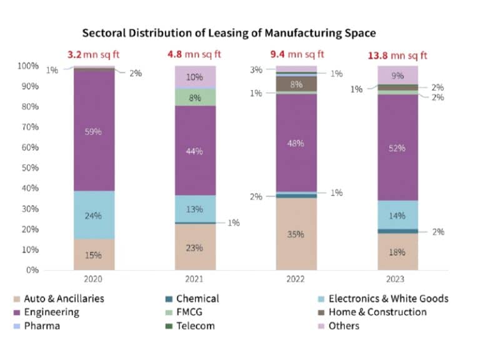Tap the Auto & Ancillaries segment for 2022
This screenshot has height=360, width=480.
point(296,234)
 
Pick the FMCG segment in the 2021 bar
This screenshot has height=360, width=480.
point(195,97)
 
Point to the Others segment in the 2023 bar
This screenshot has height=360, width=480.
point(397,75)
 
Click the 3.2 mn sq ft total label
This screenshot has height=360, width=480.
point(94,55)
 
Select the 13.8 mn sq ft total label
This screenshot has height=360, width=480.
point(397,55)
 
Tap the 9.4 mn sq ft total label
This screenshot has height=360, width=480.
point(297,55)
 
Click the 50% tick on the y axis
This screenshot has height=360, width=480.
point(30,168)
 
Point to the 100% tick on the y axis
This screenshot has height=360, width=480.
point(28,66)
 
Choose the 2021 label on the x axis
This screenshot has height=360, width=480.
point(195,279)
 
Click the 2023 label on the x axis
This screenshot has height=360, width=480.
point(397,279)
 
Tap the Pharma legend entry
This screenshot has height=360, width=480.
point(41,326)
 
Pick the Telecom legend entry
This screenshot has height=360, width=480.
point(195,326)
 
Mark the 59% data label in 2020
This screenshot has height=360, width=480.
point(94,132)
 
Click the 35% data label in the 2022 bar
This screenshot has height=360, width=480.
point(296,234)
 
